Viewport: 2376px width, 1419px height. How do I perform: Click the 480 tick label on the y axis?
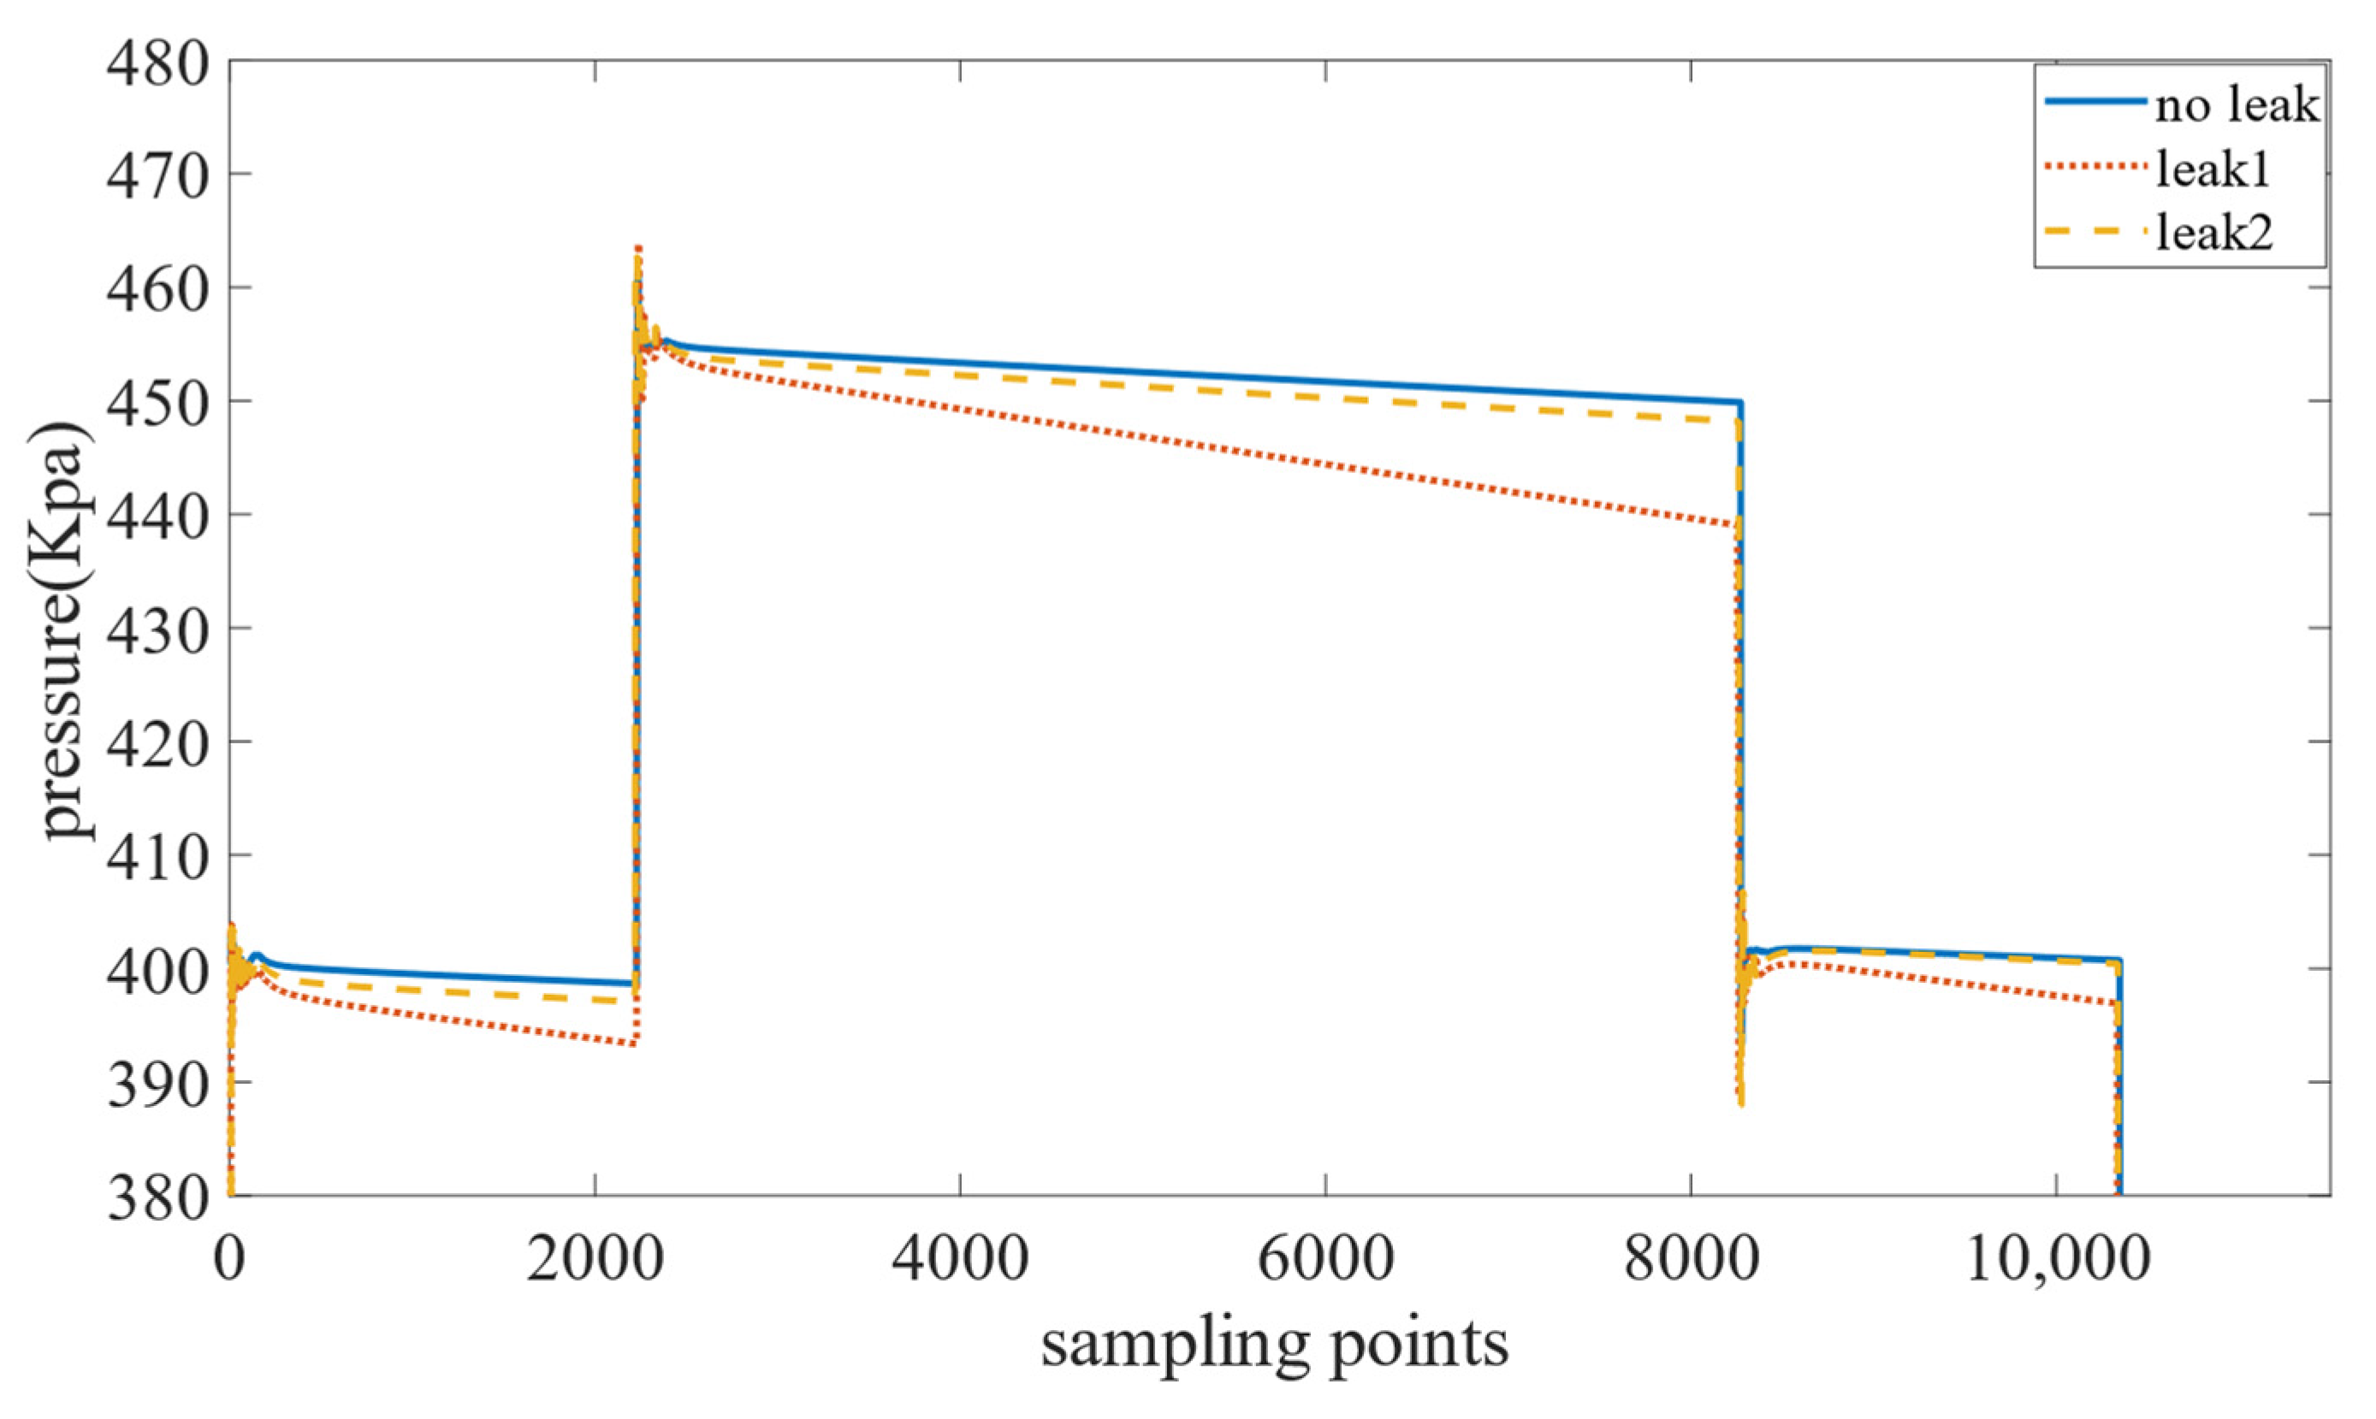(x=157, y=65)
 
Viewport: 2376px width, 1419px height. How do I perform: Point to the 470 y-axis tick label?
(x=157, y=178)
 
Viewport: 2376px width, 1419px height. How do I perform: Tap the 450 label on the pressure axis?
(x=157, y=405)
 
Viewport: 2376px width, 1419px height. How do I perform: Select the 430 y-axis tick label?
(x=157, y=632)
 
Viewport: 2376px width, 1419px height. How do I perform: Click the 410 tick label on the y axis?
(x=157, y=859)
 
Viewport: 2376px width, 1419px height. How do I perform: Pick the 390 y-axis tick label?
(x=157, y=1086)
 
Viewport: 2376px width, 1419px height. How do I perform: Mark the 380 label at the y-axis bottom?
(x=157, y=1198)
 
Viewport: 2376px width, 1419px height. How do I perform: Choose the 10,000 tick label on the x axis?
(x=2057, y=1260)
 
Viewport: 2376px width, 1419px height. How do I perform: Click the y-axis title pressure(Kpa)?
(x=68, y=631)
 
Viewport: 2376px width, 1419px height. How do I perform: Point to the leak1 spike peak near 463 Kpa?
(x=638, y=249)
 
